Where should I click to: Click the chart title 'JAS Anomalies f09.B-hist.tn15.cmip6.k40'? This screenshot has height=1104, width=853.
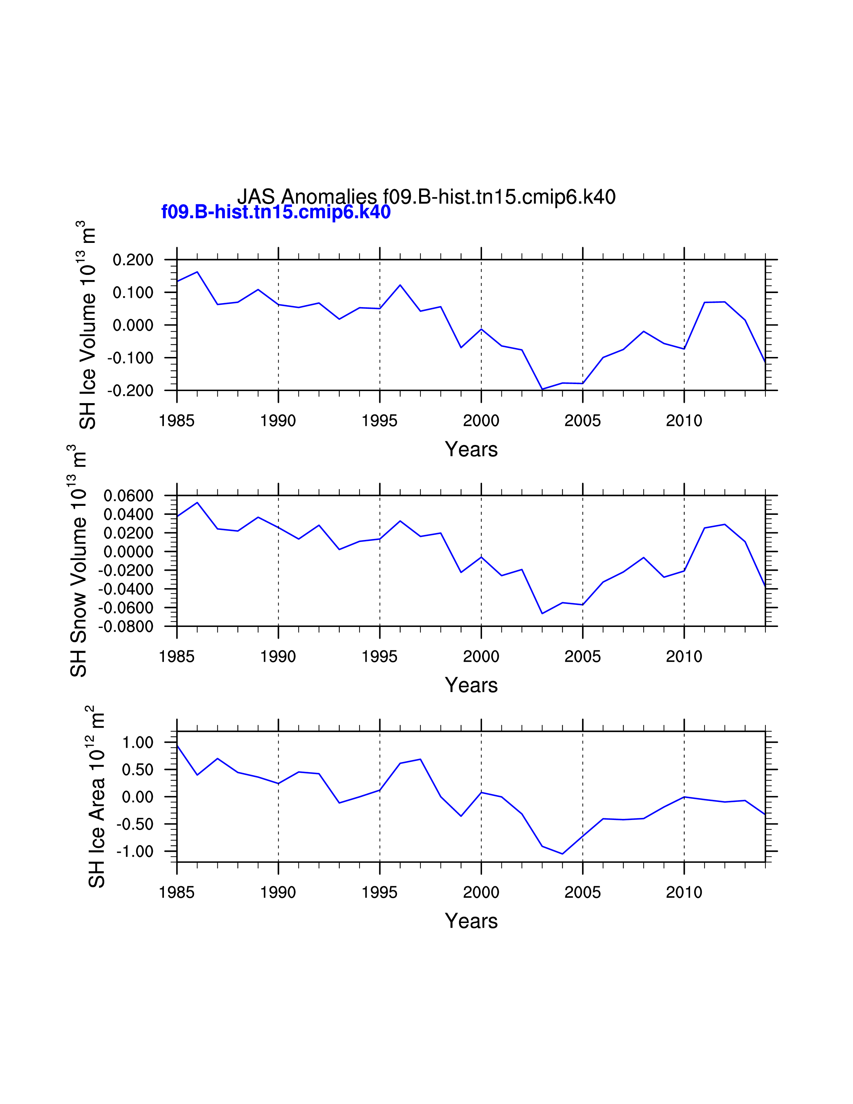426,197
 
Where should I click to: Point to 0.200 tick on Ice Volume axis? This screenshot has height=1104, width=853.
133,260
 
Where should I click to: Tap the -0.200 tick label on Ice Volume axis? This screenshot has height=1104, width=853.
130,391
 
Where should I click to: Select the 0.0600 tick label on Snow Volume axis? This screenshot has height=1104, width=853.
128,496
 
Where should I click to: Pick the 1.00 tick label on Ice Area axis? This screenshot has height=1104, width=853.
137,743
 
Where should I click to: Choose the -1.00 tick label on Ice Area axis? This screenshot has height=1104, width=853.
135,852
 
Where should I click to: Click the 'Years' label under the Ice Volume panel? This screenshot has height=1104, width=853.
471,449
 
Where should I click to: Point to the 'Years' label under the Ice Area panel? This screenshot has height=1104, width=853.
471,921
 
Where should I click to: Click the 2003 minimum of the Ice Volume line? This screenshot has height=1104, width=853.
542,389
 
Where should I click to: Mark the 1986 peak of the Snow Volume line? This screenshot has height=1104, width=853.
197,502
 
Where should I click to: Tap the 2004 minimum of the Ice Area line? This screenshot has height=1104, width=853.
562,854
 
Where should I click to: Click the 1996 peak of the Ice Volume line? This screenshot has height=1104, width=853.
400,285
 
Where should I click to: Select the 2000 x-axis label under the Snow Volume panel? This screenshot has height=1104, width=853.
481,657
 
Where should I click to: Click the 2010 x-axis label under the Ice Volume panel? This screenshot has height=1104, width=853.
684,421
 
